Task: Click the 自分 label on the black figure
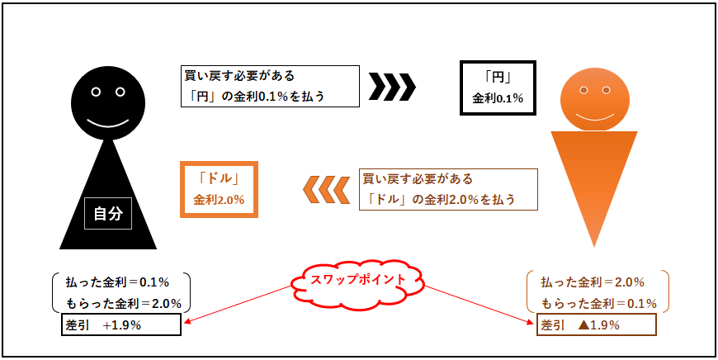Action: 108,214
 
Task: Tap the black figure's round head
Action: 108,101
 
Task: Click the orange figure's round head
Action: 594,99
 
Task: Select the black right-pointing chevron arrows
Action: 393,86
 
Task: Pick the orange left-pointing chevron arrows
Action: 325,190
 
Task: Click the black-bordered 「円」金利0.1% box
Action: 498,88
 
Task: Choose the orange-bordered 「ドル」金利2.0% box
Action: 219,189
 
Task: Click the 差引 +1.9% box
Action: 120,324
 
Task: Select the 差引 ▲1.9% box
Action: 596,324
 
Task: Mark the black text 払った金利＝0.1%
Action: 117,282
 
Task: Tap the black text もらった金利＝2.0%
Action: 123,304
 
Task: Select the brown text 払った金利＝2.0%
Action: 593,282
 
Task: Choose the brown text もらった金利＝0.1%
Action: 599,304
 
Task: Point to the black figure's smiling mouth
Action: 108,123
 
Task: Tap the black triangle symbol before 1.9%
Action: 583,325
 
